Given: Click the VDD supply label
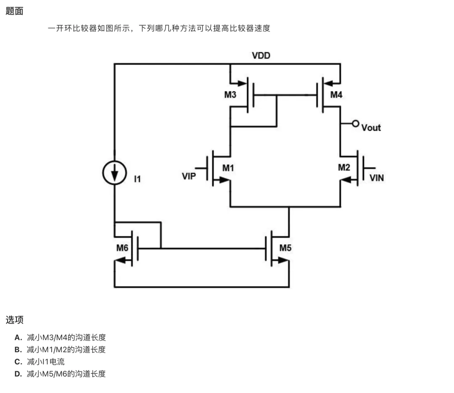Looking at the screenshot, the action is pyautogui.click(x=261, y=55).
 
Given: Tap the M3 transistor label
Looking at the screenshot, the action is pyautogui.click(x=230, y=95).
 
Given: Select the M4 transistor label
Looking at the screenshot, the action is pyautogui.click(x=336, y=95).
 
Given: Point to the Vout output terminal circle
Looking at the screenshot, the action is pyautogui.click(x=356, y=124).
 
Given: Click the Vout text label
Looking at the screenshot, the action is pyautogui.click(x=371, y=128).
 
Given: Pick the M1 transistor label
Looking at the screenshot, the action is pyautogui.click(x=228, y=168).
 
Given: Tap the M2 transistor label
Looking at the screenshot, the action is pyautogui.click(x=344, y=167).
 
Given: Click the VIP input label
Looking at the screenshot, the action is pyautogui.click(x=189, y=176).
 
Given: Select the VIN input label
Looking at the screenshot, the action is pyautogui.click(x=376, y=177).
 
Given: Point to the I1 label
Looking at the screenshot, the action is pyautogui.click(x=137, y=179).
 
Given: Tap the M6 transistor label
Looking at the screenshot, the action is pyautogui.click(x=122, y=248).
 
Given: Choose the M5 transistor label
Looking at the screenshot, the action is pyautogui.click(x=285, y=248).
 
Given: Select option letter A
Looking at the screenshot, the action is pyautogui.click(x=18, y=338).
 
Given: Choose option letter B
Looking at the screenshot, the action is pyautogui.click(x=18, y=350).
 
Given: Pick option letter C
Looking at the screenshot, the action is pyautogui.click(x=18, y=362).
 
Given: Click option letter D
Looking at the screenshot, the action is pyautogui.click(x=18, y=374).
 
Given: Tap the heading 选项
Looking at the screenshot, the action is pyautogui.click(x=14, y=320).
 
